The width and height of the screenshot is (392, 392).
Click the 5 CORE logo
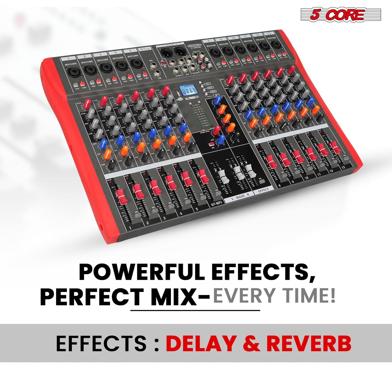341,15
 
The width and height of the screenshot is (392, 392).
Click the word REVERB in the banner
309,344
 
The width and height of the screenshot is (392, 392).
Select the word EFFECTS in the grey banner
101,344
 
